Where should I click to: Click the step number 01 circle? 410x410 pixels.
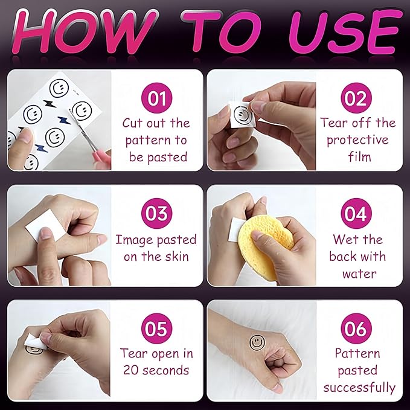(156, 98)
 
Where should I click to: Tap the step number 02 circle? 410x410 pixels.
(356, 98)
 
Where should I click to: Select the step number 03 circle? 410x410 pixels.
(156, 213)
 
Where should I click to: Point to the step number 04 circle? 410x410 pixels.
(356, 213)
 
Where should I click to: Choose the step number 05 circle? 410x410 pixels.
(156, 328)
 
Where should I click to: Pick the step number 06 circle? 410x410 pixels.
(356, 328)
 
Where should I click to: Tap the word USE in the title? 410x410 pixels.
(345, 31)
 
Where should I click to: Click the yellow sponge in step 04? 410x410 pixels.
(264, 246)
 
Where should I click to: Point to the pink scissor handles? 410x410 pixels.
(101, 157)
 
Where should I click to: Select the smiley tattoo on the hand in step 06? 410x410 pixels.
(257, 342)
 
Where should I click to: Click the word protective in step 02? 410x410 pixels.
(357, 141)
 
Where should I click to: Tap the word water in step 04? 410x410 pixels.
(359, 274)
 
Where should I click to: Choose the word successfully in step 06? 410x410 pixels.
(359, 388)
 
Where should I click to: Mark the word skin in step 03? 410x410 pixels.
(177, 256)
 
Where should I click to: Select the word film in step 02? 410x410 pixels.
(359, 156)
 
